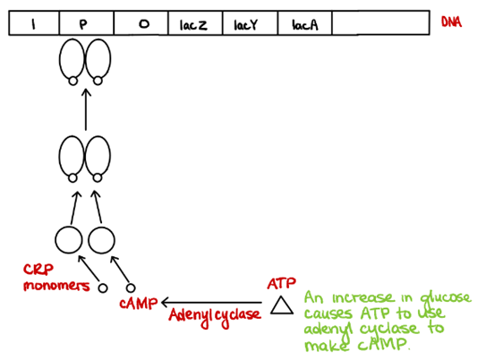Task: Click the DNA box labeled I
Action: (34, 23)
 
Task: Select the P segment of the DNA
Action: (87, 23)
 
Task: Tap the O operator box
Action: (141, 23)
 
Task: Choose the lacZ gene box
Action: (195, 23)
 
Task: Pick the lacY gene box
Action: (250, 23)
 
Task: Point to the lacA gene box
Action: (305, 23)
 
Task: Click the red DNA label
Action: (451, 21)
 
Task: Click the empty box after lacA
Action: (381, 23)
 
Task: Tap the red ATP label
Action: (281, 283)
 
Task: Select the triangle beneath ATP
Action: (282, 305)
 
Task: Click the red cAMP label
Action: (139, 303)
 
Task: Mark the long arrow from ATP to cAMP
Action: (212, 303)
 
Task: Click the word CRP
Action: (38, 270)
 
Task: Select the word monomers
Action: (56, 286)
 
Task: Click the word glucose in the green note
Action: (446, 298)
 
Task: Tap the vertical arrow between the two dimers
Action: (86, 109)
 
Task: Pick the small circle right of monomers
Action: (103, 287)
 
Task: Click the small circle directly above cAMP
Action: (131, 287)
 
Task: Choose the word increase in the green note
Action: (362, 297)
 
